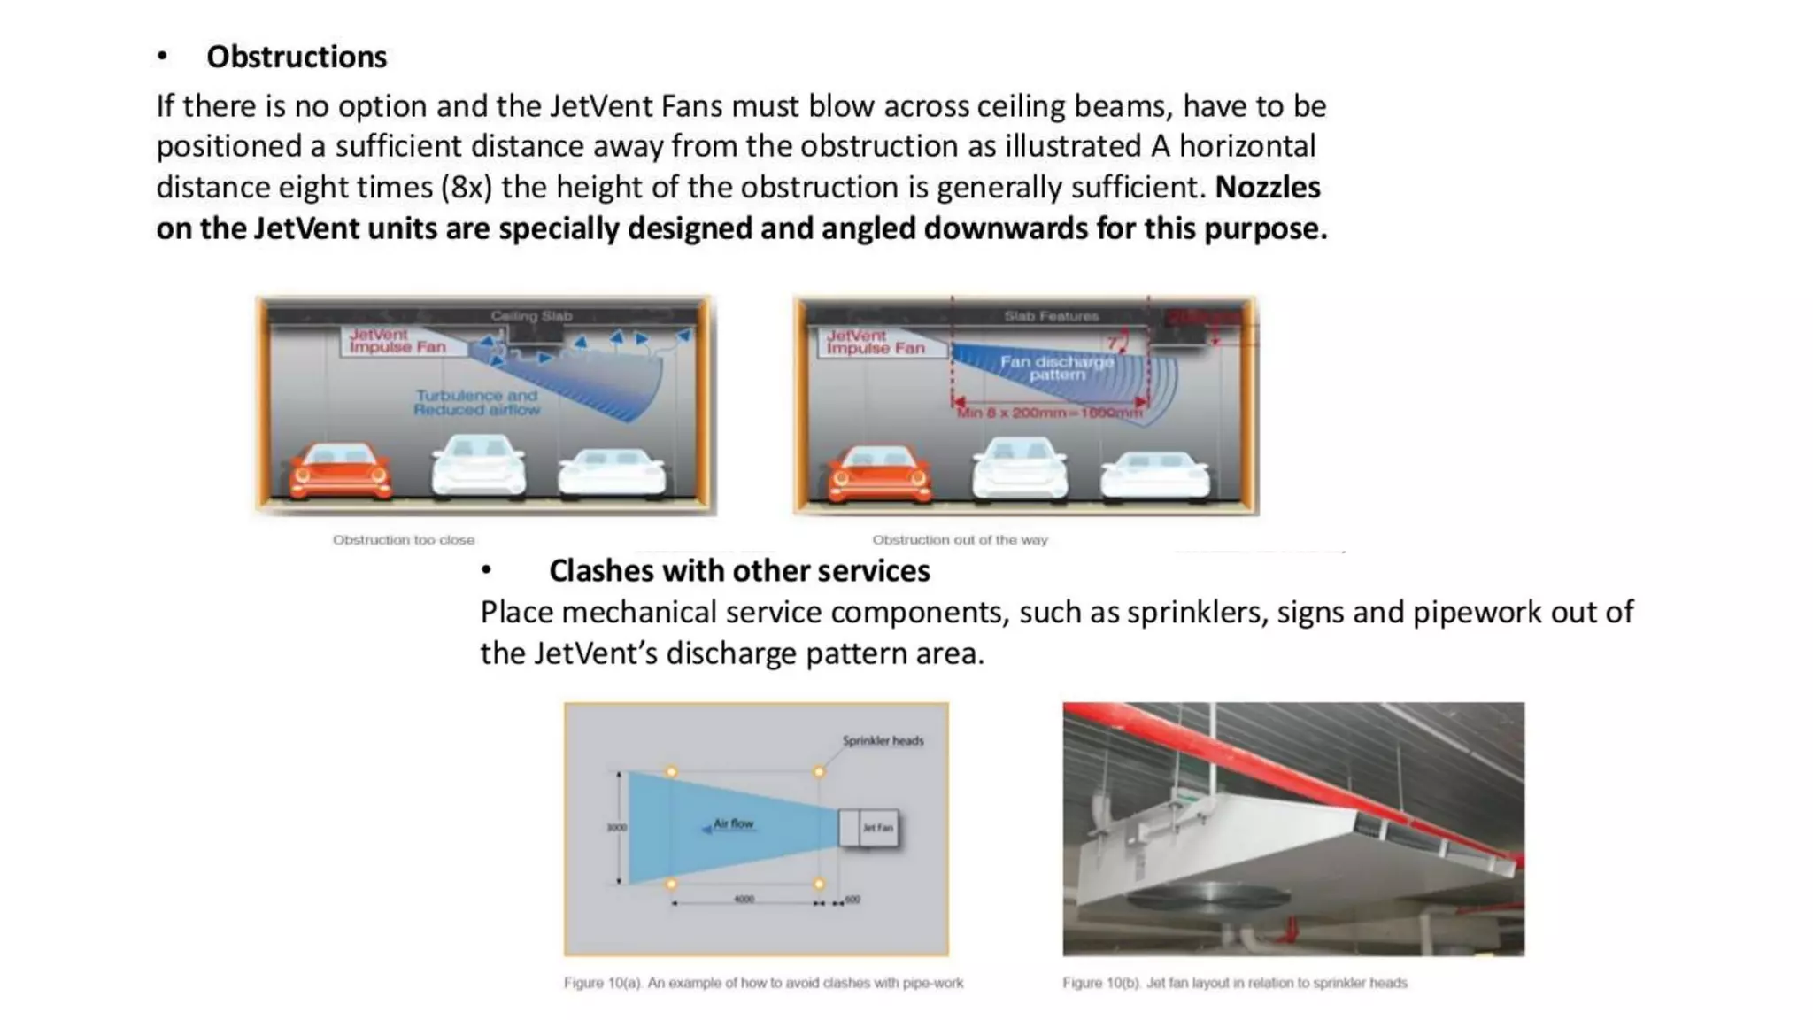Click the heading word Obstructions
point(296,57)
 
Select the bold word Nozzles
point(1267,188)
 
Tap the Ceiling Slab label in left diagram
point(531,316)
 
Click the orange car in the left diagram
point(339,470)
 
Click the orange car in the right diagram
point(879,473)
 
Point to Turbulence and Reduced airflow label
point(476,403)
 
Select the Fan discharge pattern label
point(1056,367)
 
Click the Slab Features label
point(1051,316)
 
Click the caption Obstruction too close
point(403,539)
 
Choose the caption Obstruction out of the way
point(960,539)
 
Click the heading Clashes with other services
point(738,571)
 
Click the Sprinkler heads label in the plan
point(883,740)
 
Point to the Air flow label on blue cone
point(733,823)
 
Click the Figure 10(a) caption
point(763,983)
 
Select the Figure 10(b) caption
point(1234,983)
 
